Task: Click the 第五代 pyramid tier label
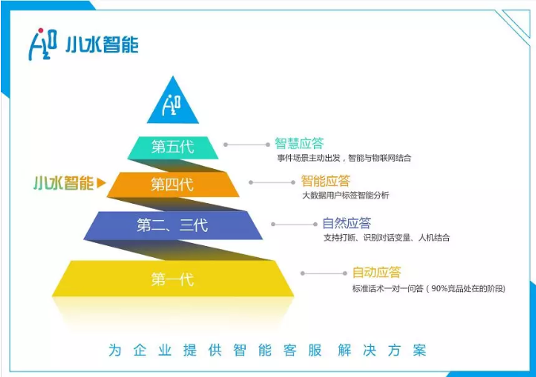pos(172,147)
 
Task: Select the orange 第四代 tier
pos(172,185)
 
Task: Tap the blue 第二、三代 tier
pos(171,225)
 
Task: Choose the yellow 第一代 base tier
pos(172,279)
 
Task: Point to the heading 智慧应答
pos(299,144)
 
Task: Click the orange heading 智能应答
pos(325,181)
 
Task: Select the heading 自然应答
pos(346,223)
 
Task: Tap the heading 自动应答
pos(375,272)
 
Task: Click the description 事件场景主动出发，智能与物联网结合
pos(343,158)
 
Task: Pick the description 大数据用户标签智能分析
pos(346,195)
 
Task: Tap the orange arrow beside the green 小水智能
pos(101,184)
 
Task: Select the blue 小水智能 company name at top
pos(102,44)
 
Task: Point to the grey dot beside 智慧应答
pos(227,144)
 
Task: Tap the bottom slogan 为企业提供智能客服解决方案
pos(268,350)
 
